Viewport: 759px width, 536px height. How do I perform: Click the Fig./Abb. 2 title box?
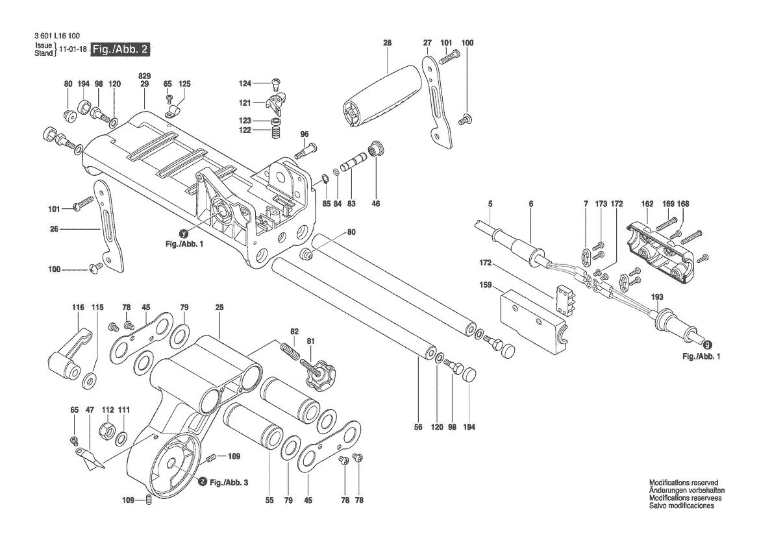121,49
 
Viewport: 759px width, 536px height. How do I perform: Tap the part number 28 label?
387,43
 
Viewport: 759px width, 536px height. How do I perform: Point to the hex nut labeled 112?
106,429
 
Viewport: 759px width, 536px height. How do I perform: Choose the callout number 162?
647,204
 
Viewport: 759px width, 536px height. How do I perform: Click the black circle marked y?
184,233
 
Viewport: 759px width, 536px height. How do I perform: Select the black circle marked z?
203,482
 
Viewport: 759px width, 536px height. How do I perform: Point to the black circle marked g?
708,345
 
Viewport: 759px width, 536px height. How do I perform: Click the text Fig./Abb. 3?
229,482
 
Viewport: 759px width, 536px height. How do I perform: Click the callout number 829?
145,76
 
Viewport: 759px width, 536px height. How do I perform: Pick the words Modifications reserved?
684,482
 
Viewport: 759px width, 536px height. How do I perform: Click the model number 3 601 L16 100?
58,36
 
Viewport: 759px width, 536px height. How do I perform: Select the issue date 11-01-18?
73,49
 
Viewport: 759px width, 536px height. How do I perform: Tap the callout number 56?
418,427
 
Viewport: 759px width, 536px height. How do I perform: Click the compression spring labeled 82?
290,350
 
